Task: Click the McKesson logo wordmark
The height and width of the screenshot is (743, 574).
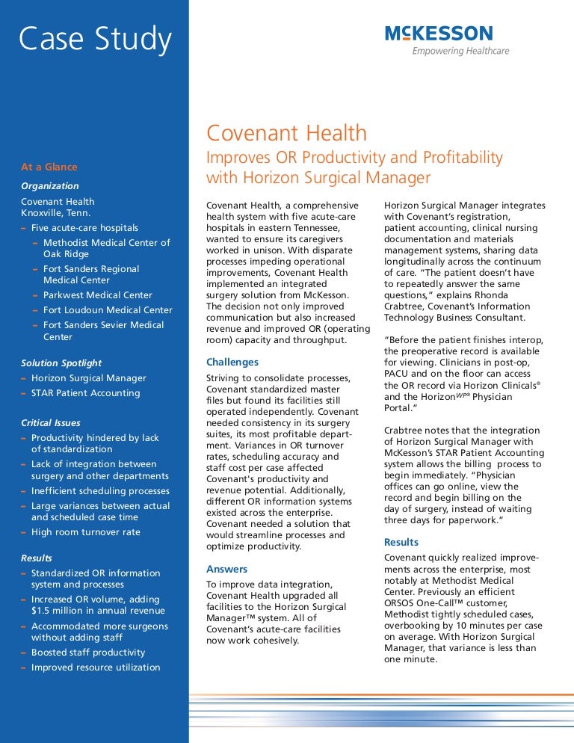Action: click(x=439, y=33)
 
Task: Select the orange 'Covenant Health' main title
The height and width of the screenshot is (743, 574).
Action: click(x=286, y=133)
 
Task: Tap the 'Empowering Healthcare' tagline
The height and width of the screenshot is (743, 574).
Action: click(x=460, y=51)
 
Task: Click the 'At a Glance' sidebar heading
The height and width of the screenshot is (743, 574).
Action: click(x=49, y=167)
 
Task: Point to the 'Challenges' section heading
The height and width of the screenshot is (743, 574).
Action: click(x=232, y=363)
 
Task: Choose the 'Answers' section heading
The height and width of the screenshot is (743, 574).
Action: click(x=226, y=569)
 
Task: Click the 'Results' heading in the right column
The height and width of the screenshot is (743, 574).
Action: click(x=401, y=542)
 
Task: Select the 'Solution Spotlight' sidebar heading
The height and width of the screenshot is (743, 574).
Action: click(x=61, y=363)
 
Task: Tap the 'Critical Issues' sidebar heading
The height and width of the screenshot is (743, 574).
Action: click(x=51, y=423)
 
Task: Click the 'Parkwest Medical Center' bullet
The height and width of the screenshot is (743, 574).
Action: click(x=97, y=295)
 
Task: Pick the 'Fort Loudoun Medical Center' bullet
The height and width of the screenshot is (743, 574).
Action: click(x=108, y=310)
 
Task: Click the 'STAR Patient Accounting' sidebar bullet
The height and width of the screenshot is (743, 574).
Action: click(x=85, y=393)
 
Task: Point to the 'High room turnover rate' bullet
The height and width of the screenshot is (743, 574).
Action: click(x=85, y=532)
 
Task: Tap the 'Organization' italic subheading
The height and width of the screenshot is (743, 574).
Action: click(x=49, y=185)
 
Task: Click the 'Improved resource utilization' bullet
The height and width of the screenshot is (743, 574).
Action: click(x=96, y=668)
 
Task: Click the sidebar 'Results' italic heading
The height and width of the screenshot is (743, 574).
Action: click(x=37, y=558)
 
